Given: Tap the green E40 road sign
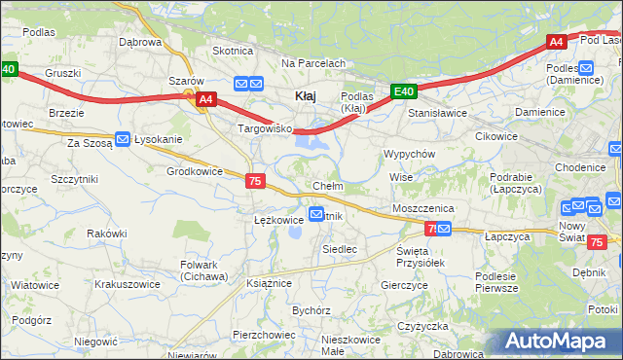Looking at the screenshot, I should pos(405,92).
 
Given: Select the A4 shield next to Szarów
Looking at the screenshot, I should pos(204,98).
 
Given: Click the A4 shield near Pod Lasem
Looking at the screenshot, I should pos(556,42).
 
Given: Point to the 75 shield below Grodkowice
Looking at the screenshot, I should pos(255,181).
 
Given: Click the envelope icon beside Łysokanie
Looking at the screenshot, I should pos(122,139).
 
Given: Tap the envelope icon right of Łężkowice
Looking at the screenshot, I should pos(316,214).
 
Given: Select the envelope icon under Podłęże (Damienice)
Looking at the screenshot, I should pos(585,67).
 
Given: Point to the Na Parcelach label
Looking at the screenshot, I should pos(313,63).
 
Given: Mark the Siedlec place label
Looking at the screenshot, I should pos(339,249).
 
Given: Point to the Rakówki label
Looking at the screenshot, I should pos(107,234).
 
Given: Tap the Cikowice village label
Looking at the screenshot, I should pos(495,136).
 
